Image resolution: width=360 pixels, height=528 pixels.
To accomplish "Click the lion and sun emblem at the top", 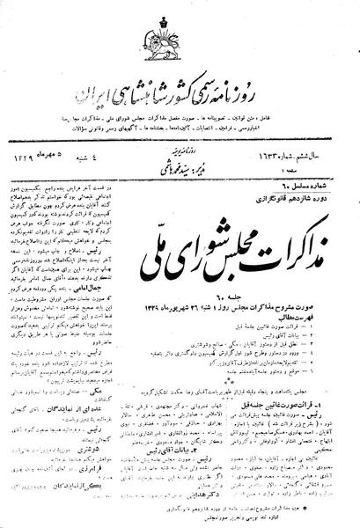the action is click(x=180, y=36).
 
